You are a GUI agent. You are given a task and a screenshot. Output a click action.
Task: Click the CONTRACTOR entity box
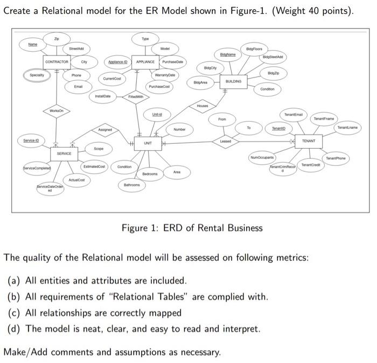(57, 62)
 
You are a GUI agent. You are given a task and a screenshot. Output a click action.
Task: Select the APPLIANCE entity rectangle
(145, 62)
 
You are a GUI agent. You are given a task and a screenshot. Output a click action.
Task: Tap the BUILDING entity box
(233, 81)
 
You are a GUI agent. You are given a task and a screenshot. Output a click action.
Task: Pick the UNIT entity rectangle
(148, 143)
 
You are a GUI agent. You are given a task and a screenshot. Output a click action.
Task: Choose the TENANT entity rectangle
(309, 141)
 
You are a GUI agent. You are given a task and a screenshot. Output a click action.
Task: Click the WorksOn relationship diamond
(56, 110)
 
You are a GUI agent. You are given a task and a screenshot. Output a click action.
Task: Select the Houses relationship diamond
(203, 106)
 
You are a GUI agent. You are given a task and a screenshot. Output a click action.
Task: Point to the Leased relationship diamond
(225, 141)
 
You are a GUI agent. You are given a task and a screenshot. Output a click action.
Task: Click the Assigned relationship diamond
(105, 130)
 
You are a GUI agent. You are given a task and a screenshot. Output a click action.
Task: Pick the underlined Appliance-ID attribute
(117, 62)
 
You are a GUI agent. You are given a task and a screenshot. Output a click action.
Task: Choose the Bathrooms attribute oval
(131, 185)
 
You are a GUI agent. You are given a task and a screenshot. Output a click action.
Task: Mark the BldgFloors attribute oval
(254, 48)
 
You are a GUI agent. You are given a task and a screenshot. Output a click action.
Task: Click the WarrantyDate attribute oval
(165, 75)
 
